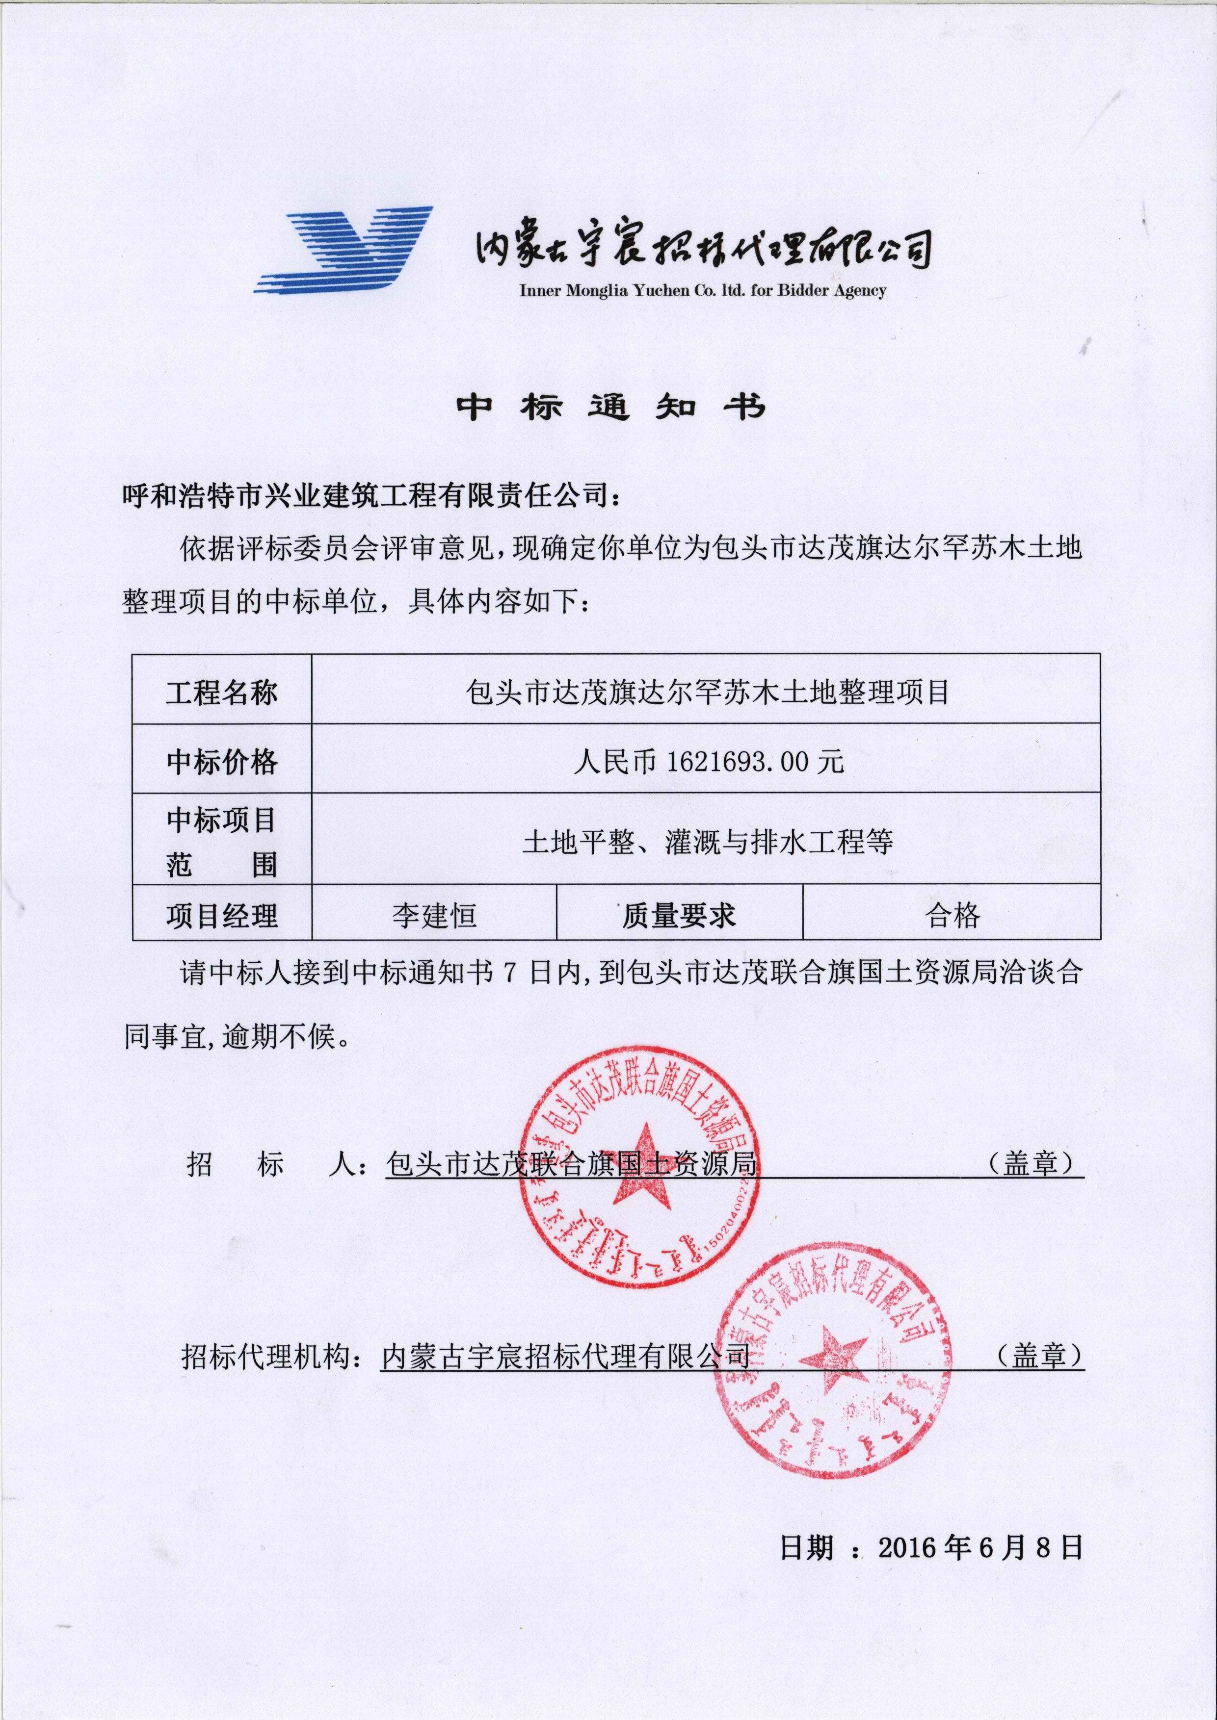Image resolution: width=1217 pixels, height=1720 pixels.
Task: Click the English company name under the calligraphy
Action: [x=702, y=291]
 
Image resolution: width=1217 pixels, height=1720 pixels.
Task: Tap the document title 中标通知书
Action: [x=611, y=407]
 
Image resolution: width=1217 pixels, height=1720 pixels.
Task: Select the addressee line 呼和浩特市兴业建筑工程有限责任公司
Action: [x=371, y=494]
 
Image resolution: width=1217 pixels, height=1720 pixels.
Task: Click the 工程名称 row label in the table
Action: [x=222, y=692]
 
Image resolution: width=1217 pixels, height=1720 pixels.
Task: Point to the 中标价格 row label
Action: [x=222, y=761]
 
